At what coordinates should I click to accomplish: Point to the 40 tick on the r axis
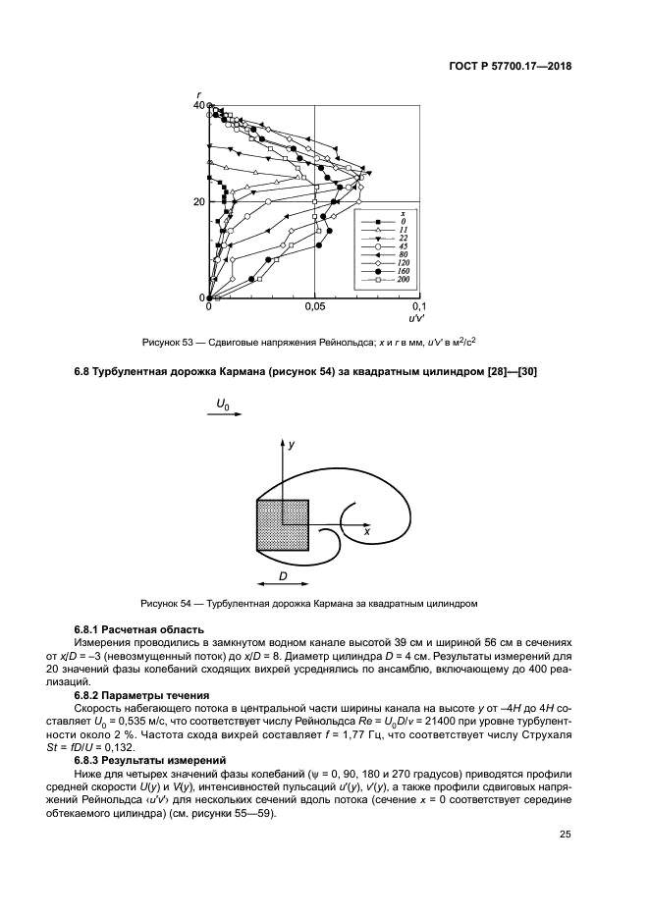(x=199, y=105)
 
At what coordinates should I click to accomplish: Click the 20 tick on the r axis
(x=199, y=202)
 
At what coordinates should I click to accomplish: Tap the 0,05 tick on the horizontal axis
(x=314, y=307)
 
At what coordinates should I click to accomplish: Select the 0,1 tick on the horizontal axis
(x=418, y=307)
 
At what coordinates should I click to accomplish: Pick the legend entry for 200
(x=389, y=282)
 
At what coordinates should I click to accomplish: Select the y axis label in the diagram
(x=292, y=445)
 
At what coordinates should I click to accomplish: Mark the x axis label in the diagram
(x=366, y=530)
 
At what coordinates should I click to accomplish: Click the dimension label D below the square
(x=282, y=575)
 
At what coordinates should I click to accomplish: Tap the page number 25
(x=566, y=835)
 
